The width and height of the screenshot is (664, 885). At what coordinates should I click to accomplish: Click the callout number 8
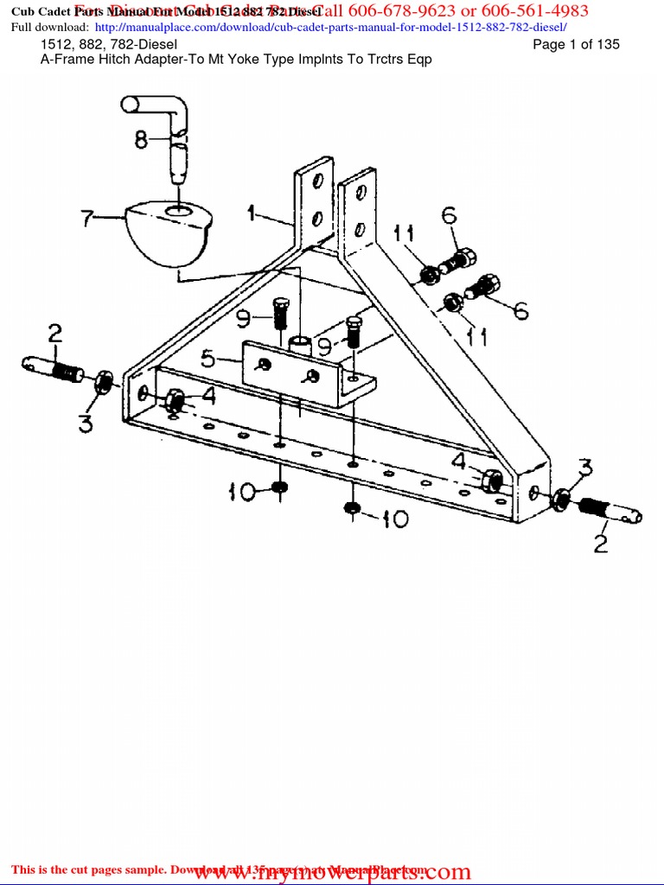coord(141,139)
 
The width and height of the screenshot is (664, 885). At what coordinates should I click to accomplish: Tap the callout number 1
coord(252,212)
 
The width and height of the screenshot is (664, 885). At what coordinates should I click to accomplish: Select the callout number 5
coord(208,357)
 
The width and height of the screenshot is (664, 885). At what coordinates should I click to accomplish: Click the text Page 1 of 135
coord(576,44)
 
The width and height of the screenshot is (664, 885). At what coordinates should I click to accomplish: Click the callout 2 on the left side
coord(54,333)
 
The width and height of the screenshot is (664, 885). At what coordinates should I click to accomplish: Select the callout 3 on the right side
coord(585,469)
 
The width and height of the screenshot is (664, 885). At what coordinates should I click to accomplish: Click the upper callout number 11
coord(405,232)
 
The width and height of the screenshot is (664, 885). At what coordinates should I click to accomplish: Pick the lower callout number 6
coord(520,310)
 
